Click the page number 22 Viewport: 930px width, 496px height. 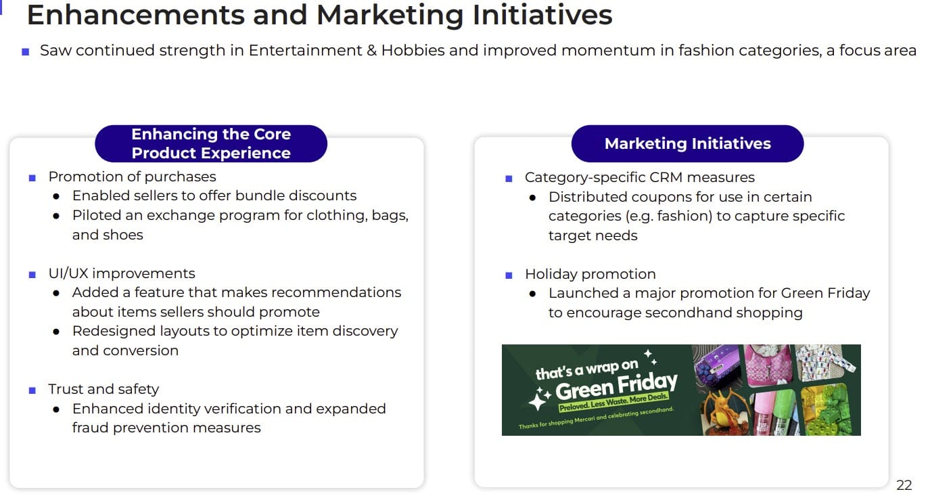click(x=904, y=484)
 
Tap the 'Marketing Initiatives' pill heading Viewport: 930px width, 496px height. click(x=687, y=143)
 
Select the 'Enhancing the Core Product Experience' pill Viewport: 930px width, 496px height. click(x=211, y=143)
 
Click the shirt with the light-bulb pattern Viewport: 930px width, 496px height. click(x=824, y=362)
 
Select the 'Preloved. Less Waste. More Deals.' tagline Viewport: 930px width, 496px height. click(x=613, y=402)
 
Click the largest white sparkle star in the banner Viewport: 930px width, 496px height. click(x=538, y=400)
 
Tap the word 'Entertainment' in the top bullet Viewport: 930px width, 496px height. click(x=305, y=50)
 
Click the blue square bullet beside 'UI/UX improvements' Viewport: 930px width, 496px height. click(x=32, y=275)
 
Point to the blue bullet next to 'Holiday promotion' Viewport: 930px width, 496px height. click(x=509, y=275)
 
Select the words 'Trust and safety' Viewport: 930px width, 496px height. click(x=103, y=389)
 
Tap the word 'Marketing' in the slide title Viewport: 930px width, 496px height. click(x=390, y=15)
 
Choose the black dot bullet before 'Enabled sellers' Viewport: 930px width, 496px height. click(x=56, y=196)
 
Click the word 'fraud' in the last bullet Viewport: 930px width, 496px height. click(x=90, y=428)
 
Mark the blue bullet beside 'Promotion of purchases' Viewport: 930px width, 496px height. click(x=32, y=178)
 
